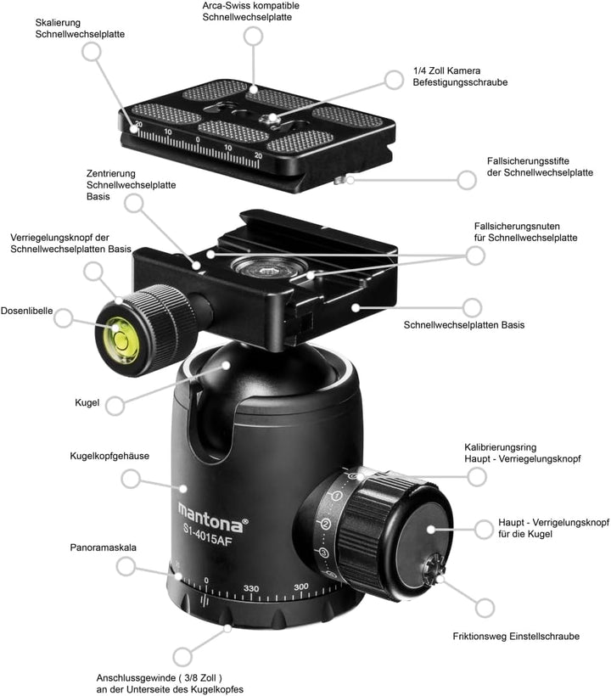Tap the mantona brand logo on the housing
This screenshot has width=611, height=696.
click(x=212, y=517)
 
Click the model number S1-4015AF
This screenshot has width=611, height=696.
click(x=208, y=535)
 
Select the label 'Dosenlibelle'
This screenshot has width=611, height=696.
click(x=26, y=311)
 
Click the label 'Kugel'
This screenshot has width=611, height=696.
click(x=87, y=402)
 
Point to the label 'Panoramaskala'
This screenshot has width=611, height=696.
click(x=103, y=547)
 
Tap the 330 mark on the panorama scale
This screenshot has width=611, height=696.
click(x=250, y=588)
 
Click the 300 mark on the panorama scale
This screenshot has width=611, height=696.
click(x=301, y=587)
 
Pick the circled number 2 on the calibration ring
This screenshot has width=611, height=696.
click(x=325, y=525)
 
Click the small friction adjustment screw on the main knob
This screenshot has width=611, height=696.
click(x=432, y=568)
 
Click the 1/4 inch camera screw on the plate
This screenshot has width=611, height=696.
click(x=270, y=119)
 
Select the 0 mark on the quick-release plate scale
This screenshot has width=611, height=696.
click(x=198, y=140)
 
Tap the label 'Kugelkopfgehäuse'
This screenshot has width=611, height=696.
click(x=109, y=456)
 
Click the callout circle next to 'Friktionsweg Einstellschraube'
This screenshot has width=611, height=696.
click(x=485, y=608)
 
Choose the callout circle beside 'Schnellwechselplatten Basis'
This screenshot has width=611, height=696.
click(x=472, y=307)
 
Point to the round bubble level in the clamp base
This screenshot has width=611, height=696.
click(x=269, y=267)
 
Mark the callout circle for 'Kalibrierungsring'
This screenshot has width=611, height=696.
click(x=477, y=477)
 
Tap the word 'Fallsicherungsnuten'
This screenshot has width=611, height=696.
click(x=517, y=226)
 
